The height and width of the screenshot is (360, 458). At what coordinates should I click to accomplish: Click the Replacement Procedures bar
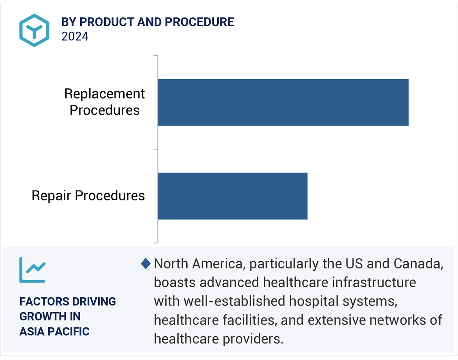point(283,102)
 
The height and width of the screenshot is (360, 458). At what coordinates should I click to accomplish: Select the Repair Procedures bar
point(233,196)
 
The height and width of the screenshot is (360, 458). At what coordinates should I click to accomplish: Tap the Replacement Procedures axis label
point(105,102)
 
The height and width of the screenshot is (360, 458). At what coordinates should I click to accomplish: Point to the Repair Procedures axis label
point(88,196)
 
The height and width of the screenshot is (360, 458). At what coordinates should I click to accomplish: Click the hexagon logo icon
point(34,31)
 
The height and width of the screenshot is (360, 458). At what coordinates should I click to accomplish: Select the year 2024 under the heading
point(75,36)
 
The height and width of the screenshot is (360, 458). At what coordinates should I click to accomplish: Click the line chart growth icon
point(32,270)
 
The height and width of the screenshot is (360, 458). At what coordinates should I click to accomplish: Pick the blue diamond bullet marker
point(146,264)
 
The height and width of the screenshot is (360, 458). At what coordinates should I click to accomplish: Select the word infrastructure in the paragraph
point(371,283)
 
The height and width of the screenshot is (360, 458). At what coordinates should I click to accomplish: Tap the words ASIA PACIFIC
point(54,331)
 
